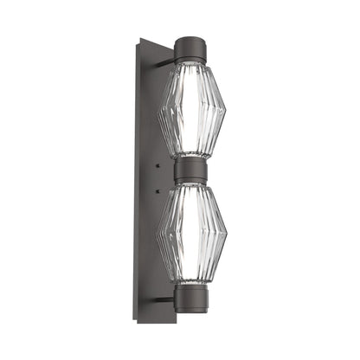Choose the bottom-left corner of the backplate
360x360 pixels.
(x=138, y=322)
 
